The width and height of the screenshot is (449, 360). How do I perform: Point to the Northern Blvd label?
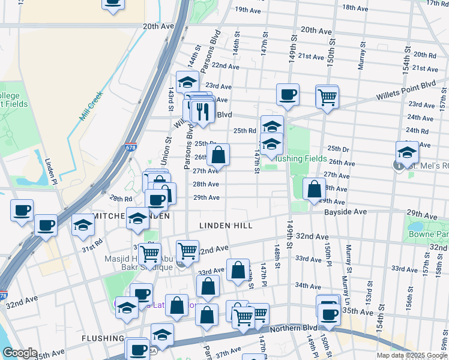(294, 329)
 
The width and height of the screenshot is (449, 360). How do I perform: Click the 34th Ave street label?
(308, 286)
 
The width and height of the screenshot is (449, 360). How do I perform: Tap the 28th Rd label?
(120, 199)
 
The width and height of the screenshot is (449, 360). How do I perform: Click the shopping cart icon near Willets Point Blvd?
(327, 97)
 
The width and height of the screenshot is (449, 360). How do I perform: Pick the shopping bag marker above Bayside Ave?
(314, 189)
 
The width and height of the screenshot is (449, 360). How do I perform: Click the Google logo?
(20, 353)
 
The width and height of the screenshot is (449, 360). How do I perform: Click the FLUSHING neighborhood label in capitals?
(103, 338)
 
